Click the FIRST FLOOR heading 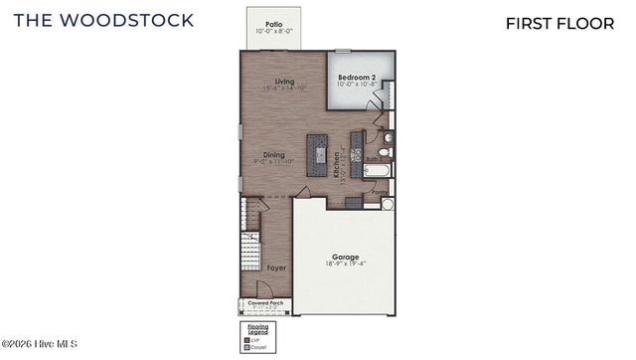tap(559, 23)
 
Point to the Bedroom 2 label tap(356, 78)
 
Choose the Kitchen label tap(338, 163)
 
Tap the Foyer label tap(276, 267)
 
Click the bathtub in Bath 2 tap(379, 170)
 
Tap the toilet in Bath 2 tap(387, 152)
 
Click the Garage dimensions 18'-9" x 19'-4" tap(346, 265)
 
